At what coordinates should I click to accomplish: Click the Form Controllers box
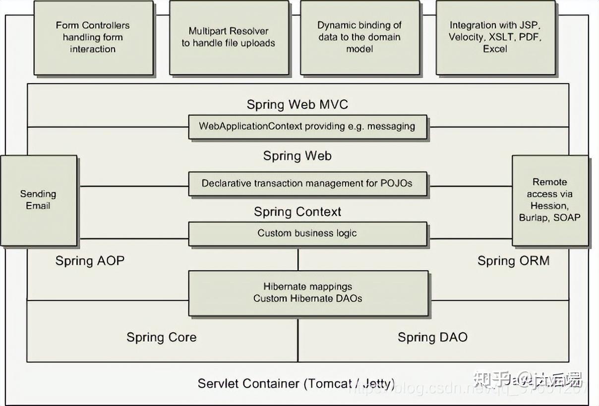(x=93, y=38)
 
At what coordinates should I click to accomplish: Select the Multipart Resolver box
(x=229, y=38)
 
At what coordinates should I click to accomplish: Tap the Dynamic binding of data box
(x=360, y=38)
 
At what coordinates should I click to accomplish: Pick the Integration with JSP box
(x=495, y=38)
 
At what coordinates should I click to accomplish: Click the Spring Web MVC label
(x=298, y=104)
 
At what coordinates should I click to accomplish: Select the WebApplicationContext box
(x=307, y=127)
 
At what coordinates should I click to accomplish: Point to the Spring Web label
(x=298, y=156)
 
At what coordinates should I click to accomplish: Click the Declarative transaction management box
(x=307, y=184)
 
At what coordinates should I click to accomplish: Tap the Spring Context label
(x=298, y=212)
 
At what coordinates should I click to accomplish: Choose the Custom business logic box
(x=307, y=234)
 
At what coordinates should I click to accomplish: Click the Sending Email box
(x=39, y=200)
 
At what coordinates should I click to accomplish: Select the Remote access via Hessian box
(x=550, y=200)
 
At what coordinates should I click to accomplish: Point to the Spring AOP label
(x=90, y=261)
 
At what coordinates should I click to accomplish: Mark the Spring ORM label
(x=514, y=261)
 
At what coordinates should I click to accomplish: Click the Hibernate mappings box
(x=308, y=293)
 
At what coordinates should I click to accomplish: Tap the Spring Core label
(x=162, y=338)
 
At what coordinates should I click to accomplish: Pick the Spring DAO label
(x=433, y=338)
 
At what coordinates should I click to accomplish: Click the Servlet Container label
(x=297, y=384)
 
